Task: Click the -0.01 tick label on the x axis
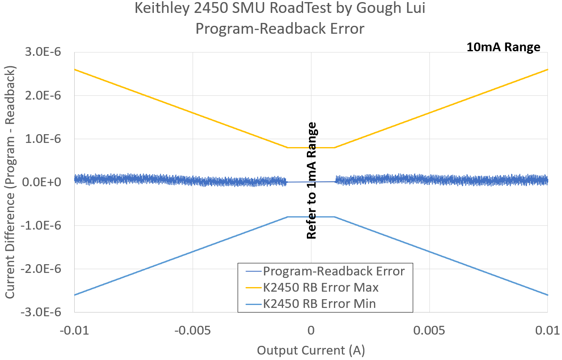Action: coord(74,331)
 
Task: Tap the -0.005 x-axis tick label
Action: coord(193,331)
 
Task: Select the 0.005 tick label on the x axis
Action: coord(429,331)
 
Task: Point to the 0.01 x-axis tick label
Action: coord(547,331)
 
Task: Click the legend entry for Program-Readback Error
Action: coord(334,272)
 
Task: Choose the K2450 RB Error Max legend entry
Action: coord(321,287)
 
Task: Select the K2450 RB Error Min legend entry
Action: coord(319,304)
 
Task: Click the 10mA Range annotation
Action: coord(503,47)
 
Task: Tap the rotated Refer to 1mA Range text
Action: coord(311,180)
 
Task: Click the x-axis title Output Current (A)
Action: coord(311,350)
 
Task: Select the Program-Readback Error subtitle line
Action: coord(280,29)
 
